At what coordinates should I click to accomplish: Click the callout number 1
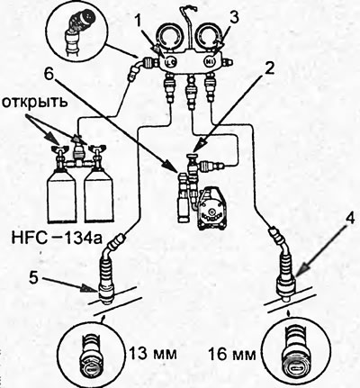[138, 22]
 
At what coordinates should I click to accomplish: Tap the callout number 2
[269, 69]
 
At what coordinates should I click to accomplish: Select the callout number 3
[234, 19]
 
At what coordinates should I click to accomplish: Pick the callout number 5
[34, 278]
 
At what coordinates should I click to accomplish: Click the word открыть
[33, 103]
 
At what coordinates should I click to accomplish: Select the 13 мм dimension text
[153, 354]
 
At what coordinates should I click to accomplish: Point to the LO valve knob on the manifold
[171, 62]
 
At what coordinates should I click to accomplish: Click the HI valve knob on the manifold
[210, 62]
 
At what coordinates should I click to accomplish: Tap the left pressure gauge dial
[170, 37]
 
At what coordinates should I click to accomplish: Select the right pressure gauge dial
[210, 37]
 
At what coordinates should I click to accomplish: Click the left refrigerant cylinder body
[62, 196]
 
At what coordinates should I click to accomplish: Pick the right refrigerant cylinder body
[99, 196]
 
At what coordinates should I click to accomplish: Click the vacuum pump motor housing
[211, 209]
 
